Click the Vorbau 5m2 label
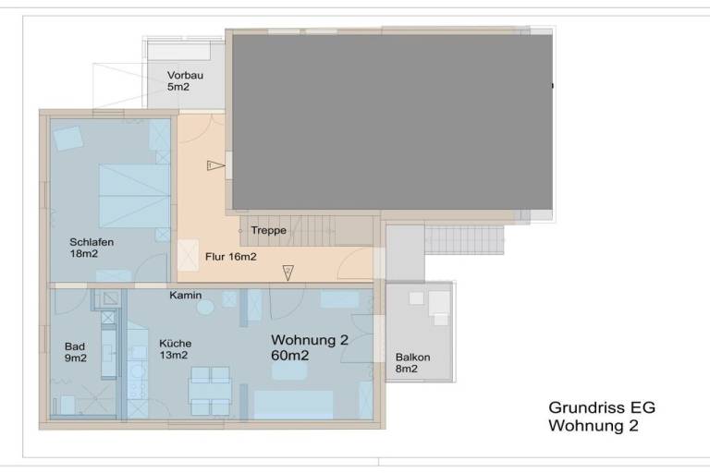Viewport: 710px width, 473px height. click(x=185, y=81)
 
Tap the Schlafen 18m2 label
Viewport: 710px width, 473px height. click(x=92, y=248)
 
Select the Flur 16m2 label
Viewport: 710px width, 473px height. click(x=231, y=257)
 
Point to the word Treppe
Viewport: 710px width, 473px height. click(x=268, y=230)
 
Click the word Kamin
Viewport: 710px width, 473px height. click(x=186, y=295)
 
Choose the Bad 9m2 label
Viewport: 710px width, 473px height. click(x=75, y=352)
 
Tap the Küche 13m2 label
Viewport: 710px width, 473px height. click(x=176, y=349)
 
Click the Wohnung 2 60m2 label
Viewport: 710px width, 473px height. click(x=310, y=347)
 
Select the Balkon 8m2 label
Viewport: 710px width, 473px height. click(x=412, y=363)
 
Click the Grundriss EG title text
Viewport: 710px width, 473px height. click(x=602, y=407)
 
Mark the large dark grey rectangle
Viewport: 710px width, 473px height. click(x=393, y=122)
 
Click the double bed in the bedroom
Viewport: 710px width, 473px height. click(x=134, y=196)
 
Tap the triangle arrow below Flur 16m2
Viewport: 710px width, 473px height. click(x=288, y=273)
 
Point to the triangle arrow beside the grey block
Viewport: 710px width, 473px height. click(x=216, y=165)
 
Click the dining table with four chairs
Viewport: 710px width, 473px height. click(x=210, y=391)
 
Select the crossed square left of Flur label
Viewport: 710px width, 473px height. click(x=188, y=255)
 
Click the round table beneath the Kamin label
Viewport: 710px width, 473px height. click(x=205, y=308)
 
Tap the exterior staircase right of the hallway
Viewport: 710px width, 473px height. click(x=464, y=240)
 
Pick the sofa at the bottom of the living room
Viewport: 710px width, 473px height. click(x=293, y=405)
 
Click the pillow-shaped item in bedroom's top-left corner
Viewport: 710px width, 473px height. click(x=68, y=138)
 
